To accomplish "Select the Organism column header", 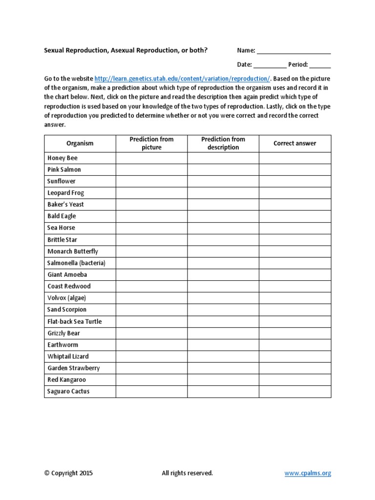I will pyautogui.click(x=80, y=144).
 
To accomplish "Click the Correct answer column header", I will pyautogui.click(x=295, y=144).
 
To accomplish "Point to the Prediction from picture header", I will pyautogui.click(x=151, y=144).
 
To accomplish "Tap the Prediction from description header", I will pyautogui.click(x=223, y=144).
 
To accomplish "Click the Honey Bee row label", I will pyautogui.click(x=62, y=158).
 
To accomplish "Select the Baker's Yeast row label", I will pyautogui.click(x=66, y=205).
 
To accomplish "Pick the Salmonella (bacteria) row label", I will pyautogui.click(x=76, y=263).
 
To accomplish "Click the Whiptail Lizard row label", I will pyautogui.click(x=68, y=356).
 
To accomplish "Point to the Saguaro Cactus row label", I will pyautogui.click(x=68, y=392).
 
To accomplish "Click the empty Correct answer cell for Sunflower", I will pyautogui.click(x=295, y=181).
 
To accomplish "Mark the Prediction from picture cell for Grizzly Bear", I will pyautogui.click(x=151, y=333).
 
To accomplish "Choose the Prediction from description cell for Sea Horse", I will pyautogui.click(x=223, y=228).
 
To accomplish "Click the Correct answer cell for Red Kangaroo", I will pyautogui.click(x=295, y=380).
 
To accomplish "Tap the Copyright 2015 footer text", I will pyautogui.click(x=68, y=473).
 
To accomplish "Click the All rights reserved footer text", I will pyautogui.click(x=187, y=473).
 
